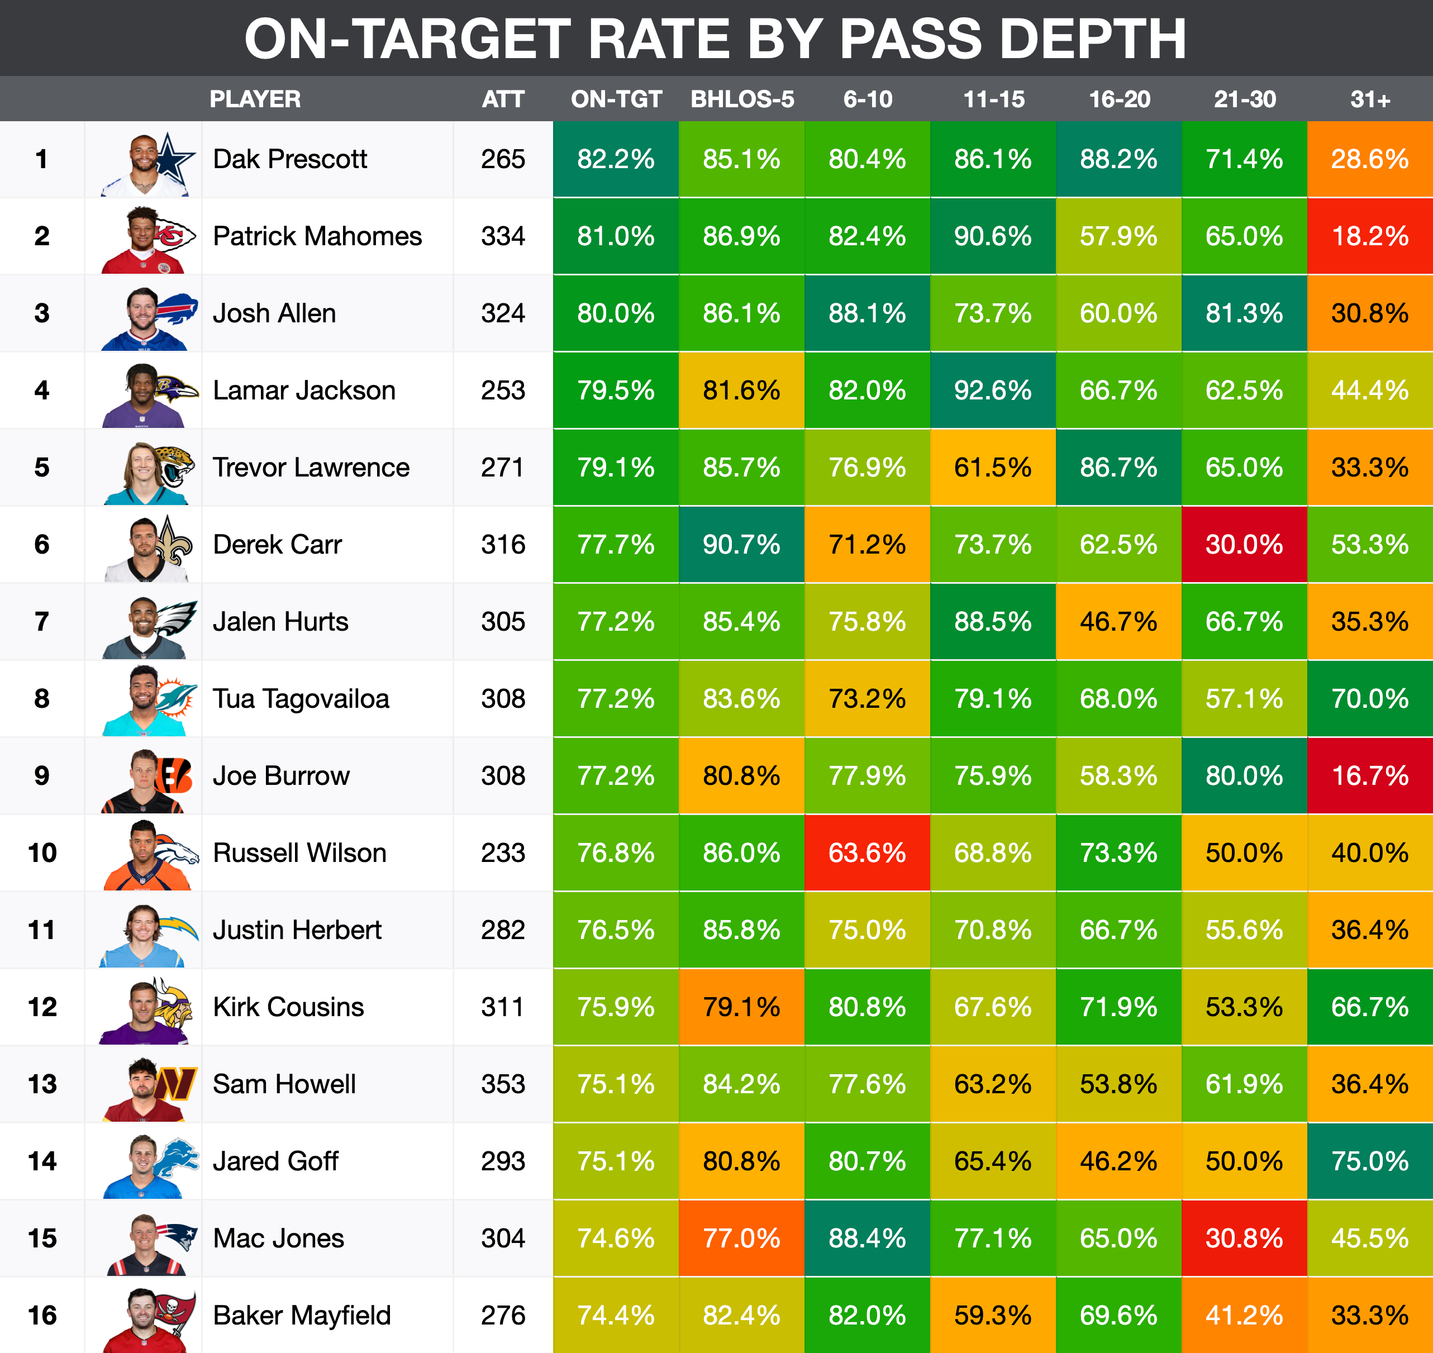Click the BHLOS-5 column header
(742, 99)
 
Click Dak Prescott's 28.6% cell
(1369, 159)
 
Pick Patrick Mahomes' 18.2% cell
(1369, 236)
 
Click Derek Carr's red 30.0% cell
(1244, 545)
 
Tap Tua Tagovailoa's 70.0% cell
(1369, 699)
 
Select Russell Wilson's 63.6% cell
(867, 853)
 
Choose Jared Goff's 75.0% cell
(1369, 1161)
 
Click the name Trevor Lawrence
(311, 468)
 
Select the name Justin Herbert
(297, 930)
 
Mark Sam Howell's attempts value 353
(503, 1084)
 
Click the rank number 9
(42, 776)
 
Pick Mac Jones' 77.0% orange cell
(741, 1238)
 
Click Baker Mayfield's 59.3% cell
(992, 1316)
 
